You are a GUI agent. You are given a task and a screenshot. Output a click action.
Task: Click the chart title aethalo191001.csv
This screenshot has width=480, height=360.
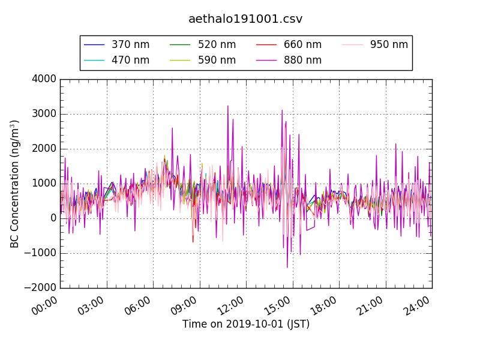[x=245, y=19]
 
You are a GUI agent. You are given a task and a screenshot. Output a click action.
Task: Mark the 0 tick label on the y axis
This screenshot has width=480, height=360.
[x=52, y=218]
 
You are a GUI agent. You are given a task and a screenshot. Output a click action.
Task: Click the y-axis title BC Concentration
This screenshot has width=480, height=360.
[x=15, y=184]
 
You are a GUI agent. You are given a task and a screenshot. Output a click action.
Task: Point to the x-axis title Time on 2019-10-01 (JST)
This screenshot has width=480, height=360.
[x=246, y=324]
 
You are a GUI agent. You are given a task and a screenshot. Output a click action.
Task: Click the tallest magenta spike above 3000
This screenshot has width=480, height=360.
[x=228, y=106]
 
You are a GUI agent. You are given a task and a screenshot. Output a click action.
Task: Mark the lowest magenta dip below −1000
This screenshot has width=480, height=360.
[x=287, y=267]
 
